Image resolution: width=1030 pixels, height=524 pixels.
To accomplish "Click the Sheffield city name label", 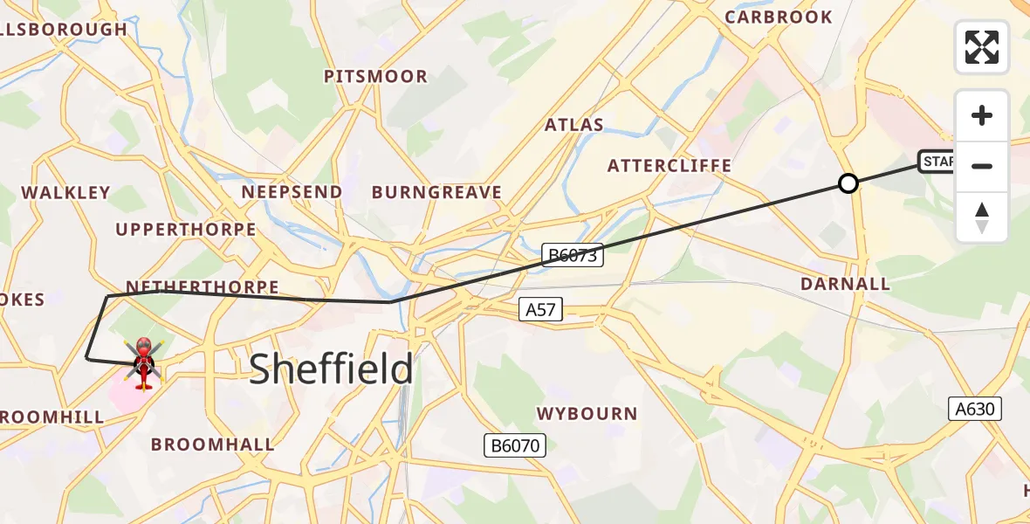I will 331,369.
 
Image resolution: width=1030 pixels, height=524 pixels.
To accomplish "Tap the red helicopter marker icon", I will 144,362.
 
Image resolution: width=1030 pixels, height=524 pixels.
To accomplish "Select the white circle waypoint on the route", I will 848,183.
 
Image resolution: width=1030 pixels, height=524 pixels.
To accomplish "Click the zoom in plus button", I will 982,115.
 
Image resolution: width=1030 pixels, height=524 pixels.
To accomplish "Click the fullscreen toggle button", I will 982,47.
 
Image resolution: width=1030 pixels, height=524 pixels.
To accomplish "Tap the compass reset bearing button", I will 982,217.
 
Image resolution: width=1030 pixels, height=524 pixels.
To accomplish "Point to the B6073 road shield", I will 572,255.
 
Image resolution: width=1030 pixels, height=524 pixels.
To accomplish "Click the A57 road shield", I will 540,309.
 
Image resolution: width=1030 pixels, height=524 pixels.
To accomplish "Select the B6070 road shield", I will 515,445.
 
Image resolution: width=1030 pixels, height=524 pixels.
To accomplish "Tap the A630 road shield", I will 976,409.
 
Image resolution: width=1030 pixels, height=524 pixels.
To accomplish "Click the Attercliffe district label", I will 669,166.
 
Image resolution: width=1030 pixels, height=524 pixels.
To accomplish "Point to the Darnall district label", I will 845,284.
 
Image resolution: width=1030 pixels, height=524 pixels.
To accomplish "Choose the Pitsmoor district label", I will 375,77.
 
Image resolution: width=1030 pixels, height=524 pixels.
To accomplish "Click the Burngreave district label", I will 436,193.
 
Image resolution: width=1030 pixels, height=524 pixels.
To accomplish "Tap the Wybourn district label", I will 587,413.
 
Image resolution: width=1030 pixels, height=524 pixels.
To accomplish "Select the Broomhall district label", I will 212,445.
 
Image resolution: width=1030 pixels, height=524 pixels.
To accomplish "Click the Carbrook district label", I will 779,17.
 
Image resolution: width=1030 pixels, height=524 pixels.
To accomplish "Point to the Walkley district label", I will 65,193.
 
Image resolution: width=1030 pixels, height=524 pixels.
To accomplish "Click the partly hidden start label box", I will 937,162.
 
